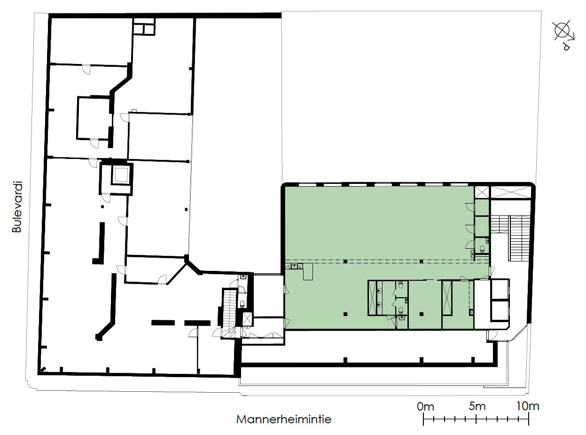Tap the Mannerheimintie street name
(x=283, y=419)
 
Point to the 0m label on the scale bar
(x=425, y=407)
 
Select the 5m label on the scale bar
(x=477, y=406)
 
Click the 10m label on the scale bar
(x=527, y=406)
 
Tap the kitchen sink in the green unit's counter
(x=294, y=266)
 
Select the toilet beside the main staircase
(x=482, y=249)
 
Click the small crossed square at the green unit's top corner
(x=482, y=192)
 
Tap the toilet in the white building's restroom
(x=242, y=304)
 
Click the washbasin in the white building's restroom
(x=243, y=277)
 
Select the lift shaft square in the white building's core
(x=121, y=174)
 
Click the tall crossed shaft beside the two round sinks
(x=373, y=298)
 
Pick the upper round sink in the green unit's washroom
(x=379, y=291)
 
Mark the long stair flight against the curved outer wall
(x=520, y=238)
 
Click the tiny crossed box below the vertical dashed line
(x=472, y=313)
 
